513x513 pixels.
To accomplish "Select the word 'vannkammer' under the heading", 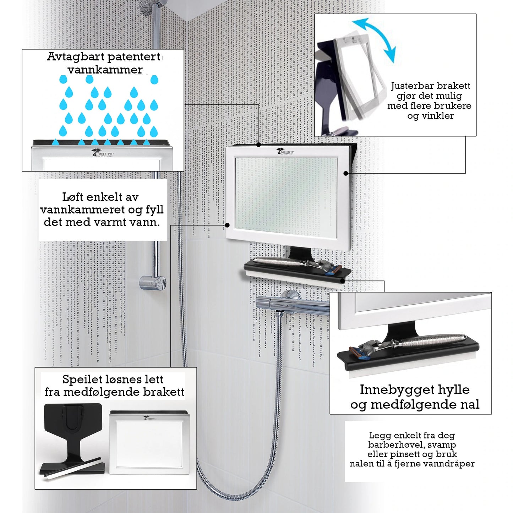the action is pyautogui.click(x=105, y=70).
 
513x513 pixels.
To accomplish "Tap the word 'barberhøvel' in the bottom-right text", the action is pyautogui.click(x=389, y=445).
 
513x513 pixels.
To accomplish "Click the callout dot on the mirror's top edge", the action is pyautogui.click(x=258, y=145).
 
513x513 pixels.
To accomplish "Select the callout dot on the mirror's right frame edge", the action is pyautogui.click(x=345, y=174).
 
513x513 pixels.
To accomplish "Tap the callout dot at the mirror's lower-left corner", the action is pyautogui.click(x=227, y=225).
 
